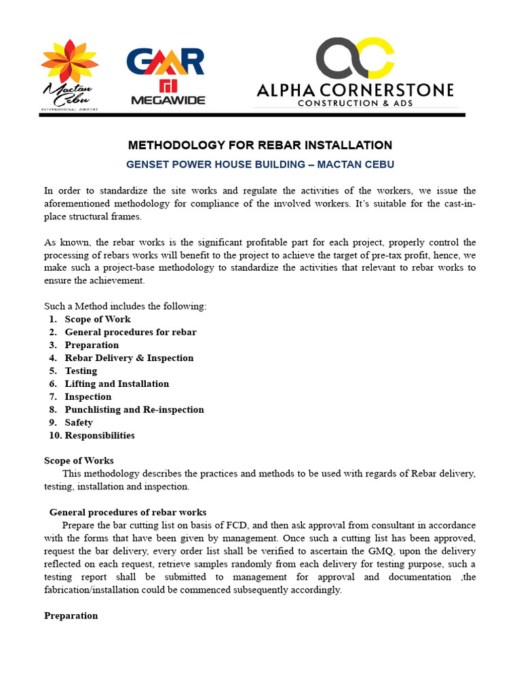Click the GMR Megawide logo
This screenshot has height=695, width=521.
[x=165, y=75]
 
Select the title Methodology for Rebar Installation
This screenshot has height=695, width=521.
[x=260, y=145]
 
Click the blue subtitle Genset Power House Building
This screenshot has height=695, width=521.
[x=260, y=165]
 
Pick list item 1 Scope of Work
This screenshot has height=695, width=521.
[x=98, y=319]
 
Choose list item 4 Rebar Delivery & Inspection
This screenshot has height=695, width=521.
[x=129, y=358]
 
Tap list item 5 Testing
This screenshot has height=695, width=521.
[x=81, y=371]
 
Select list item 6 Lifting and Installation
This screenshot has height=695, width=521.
[x=117, y=383]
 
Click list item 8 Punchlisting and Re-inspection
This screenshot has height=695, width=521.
[x=134, y=409]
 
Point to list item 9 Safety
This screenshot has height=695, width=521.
[x=79, y=422]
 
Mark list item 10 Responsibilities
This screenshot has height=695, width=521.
[x=99, y=435]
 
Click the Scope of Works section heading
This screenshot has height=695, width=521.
[x=79, y=460]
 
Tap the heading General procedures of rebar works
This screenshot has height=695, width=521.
[x=128, y=512]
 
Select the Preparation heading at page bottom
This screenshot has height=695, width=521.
[x=71, y=616]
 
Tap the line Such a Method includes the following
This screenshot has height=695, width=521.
[x=125, y=306]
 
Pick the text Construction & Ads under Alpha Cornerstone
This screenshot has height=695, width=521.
[x=355, y=103]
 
